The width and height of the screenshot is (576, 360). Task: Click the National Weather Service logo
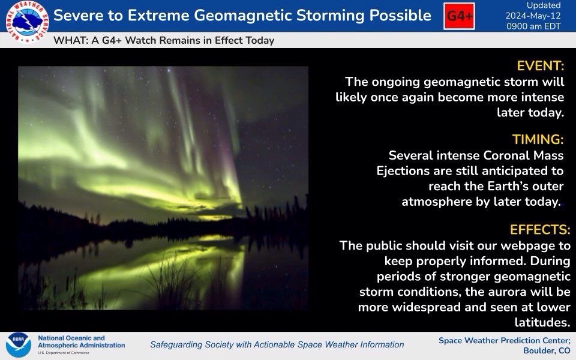click(x=27, y=22)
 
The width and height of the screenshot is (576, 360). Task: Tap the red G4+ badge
click(x=459, y=16)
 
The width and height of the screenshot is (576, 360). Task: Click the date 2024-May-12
click(x=533, y=16)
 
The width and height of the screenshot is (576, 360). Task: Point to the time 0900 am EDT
click(x=533, y=26)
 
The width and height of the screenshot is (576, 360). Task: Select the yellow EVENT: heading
click(x=541, y=66)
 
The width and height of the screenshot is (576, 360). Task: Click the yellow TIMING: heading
click(x=538, y=140)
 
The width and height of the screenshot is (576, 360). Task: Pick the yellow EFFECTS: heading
click(x=540, y=230)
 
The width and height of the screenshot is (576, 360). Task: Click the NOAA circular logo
click(x=19, y=345)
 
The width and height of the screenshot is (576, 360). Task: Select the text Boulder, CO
click(x=547, y=350)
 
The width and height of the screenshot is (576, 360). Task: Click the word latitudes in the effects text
click(x=542, y=322)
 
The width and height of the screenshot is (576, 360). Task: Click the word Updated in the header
click(x=544, y=5)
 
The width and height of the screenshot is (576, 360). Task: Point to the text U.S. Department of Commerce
click(x=63, y=353)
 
